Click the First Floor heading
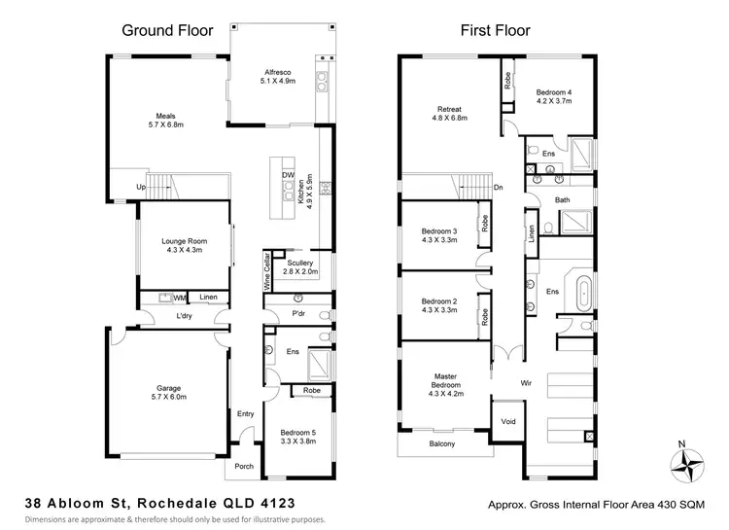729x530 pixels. pyautogui.click(x=495, y=30)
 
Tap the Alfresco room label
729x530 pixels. pyautogui.click(x=279, y=77)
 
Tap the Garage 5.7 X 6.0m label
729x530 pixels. pyautogui.click(x=165, y=391)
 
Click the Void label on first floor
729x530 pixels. pyautogui.click(x=507, y=422)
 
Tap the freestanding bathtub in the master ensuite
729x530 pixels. pyautogui.click(x=584, y=292)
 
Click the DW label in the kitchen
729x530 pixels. pyautogui.click(x=288, y=175)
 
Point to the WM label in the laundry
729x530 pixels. pyautogui.click(x=180, y=298)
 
